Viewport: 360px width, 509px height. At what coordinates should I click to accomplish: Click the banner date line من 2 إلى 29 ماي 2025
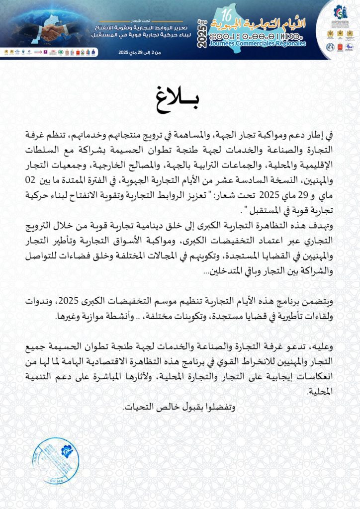(137, 52)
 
